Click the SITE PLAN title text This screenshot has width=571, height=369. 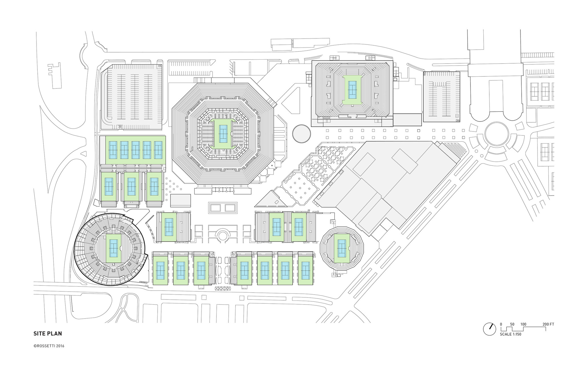pos(48,333)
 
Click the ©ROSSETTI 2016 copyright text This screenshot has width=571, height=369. pos(49,346)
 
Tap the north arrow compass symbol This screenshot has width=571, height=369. pos(489,329)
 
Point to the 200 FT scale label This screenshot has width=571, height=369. pos(548,324)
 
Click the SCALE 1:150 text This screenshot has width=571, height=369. pos(510,334)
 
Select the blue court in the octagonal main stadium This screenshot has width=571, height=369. pos(223,134)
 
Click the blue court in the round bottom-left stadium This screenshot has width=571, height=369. pos(113,248)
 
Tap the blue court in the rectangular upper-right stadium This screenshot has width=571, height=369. pos(352,89)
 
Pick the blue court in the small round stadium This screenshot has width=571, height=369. pos(342,248)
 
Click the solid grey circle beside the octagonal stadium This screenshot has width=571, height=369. pos(301,133)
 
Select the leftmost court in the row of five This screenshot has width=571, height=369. pos(113,150)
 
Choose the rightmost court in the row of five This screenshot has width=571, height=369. pos(158,150)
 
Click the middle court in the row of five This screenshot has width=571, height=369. pos(135,150)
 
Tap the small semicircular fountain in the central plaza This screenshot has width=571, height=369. pos(222,236)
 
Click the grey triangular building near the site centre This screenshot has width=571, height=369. pos(270,200)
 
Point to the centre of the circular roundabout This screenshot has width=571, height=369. pos(497,134)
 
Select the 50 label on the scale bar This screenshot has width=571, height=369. pos(512,324)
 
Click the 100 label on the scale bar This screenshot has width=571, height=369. pos(523,324)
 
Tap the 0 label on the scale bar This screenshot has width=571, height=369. pos(501,324)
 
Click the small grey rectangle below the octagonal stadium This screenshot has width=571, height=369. pos(180,200)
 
